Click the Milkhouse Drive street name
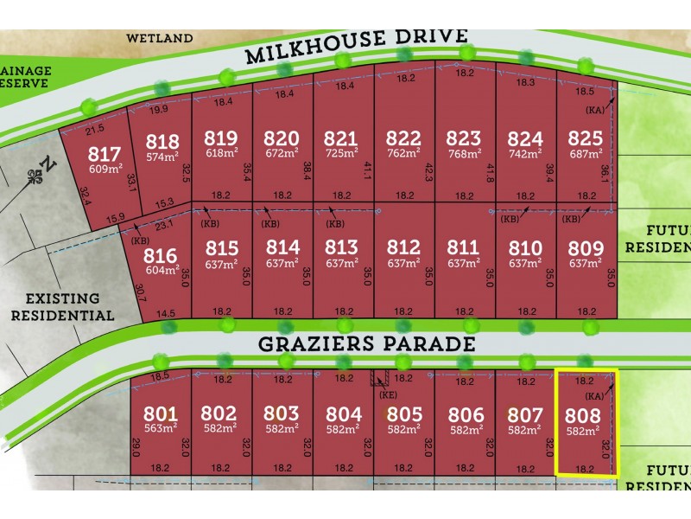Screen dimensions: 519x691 [x=356, y=47]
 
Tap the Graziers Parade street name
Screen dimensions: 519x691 [x=366, y=344]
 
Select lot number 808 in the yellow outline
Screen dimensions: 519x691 [x=583, y=413]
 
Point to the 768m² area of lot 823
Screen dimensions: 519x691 [x=464, y=155]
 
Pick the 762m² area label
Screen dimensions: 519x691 [x=403, y=155]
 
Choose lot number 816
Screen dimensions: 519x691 [x=162, y=255]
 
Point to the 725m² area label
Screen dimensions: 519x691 [x=343, y=155]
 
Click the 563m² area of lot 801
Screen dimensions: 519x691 [x=162, y=428]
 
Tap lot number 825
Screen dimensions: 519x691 [x=586, y=138]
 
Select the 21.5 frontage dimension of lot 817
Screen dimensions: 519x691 [x=95, y=129]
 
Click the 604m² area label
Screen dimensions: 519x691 [x=162, y=270]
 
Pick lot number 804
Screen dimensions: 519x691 [x=343, y=413]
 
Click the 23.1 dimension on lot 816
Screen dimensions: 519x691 [x=165, y=223]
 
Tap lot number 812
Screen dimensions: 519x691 [x=403, y=248]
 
